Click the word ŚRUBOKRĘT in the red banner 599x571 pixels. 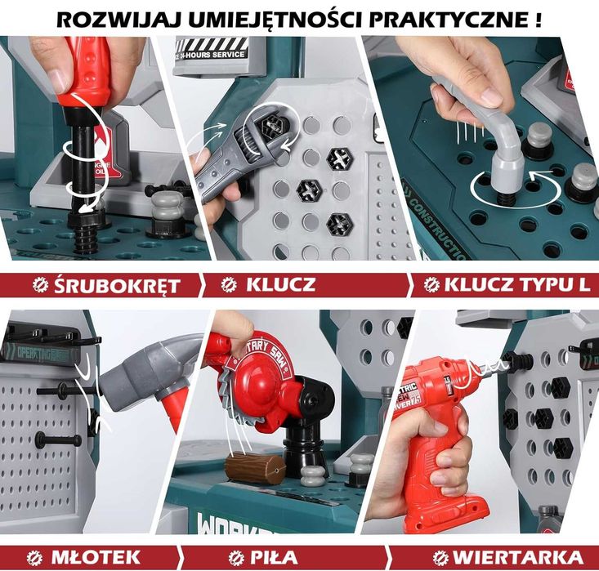click(x=116, y=285)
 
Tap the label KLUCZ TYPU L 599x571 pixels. click(x=516, y=285)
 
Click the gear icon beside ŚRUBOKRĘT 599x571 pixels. click(x=38, y=285)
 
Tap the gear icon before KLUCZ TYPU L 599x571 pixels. click(x=431, y=285)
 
